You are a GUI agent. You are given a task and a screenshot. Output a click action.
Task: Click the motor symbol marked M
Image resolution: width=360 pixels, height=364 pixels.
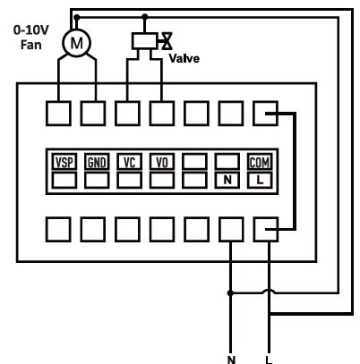point(76,43)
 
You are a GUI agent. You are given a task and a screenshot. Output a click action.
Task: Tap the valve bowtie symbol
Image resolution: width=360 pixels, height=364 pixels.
point(167,41)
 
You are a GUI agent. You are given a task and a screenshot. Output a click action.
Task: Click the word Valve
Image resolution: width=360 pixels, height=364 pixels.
point(184,58)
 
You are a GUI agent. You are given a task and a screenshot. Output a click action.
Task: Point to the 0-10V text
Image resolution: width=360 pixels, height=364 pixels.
point(31,30)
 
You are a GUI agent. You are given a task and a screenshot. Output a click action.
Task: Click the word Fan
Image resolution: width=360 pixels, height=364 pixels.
point(31,45)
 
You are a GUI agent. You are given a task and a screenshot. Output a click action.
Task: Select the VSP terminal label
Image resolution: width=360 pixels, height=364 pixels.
point(64,163)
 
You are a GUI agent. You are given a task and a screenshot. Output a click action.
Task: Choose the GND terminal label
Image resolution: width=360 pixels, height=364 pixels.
point(97,163)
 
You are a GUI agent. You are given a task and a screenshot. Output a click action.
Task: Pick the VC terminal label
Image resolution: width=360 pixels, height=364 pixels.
point(129,163)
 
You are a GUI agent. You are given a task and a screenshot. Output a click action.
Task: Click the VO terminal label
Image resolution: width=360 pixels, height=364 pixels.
point(162,163)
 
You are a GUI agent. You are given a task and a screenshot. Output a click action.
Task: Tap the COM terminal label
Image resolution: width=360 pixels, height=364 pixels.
point(260,163)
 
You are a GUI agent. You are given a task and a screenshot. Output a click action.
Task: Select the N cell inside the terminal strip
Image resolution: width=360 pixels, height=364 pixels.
point(227,180)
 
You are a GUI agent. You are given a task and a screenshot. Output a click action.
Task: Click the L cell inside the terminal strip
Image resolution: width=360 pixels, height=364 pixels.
point(260,180)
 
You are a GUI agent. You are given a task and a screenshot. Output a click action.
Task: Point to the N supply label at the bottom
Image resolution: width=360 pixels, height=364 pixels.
point(231,360)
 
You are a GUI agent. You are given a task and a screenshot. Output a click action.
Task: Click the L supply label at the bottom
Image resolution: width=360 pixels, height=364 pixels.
point(269,360)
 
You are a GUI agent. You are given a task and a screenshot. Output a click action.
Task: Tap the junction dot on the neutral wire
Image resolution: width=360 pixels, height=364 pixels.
point(230,293)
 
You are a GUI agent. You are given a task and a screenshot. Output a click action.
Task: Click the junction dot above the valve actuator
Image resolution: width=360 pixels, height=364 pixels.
point(145,17)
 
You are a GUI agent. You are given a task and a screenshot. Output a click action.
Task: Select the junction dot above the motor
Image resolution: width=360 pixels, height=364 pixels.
point(77,18)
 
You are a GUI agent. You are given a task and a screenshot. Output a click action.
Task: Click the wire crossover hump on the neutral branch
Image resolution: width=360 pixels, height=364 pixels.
point(269,291)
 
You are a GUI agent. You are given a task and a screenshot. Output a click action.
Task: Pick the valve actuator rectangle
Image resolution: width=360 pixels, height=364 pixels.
point(145,41)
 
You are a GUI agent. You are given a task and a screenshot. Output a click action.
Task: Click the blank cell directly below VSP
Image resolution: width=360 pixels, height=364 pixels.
point(64,180)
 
